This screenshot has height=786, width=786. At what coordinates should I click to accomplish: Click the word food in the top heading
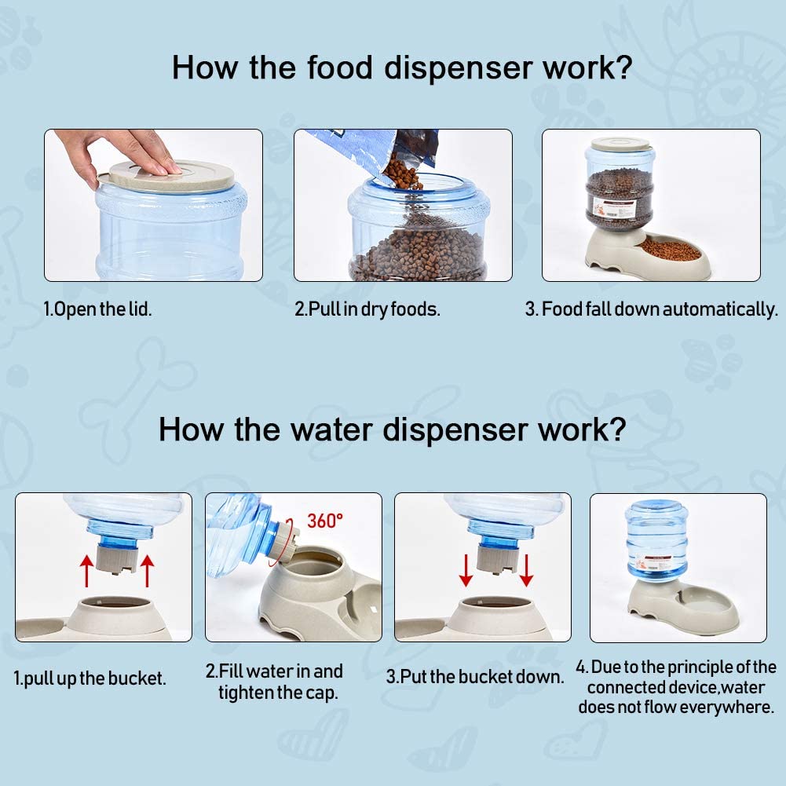pos(340,68)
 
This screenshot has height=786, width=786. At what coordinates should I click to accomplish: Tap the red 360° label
pos(325,521)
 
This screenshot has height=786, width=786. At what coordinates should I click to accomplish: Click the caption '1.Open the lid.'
pos(97,309)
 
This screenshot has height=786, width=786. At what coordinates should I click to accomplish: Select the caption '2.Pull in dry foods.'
pos(367,309)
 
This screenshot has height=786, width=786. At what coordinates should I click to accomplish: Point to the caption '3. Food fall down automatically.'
pos(652,309)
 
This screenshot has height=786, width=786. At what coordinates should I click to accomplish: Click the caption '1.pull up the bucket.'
pos(90,678)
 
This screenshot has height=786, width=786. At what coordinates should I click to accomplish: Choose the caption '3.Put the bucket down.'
pos(475,677)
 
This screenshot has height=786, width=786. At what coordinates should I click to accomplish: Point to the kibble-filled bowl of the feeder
pos(671,249)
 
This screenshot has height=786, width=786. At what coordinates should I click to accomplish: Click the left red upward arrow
pos(86,570)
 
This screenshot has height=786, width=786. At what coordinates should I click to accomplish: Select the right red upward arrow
pos(147,570)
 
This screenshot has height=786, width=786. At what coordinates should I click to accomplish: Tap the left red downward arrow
pos(466,570)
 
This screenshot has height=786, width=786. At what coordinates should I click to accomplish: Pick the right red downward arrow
pos(526,570)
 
